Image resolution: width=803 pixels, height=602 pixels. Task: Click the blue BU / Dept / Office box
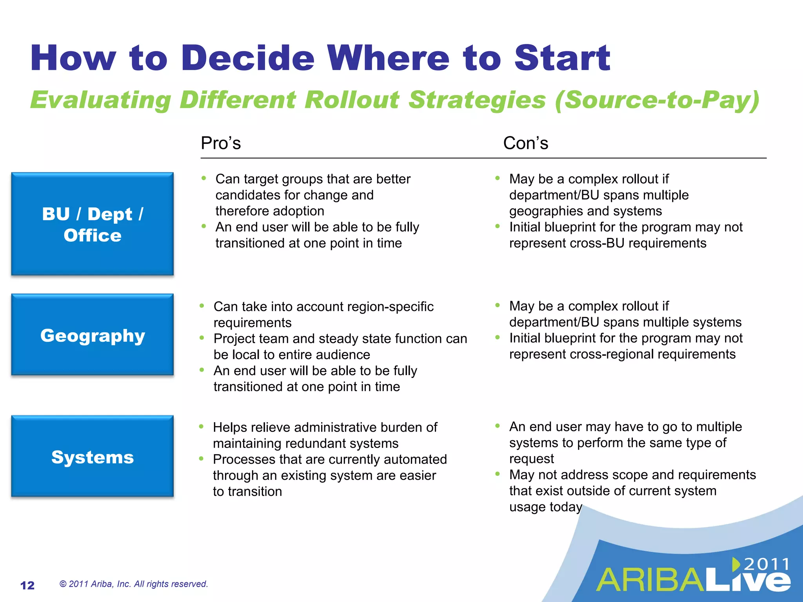(x=93, y=224)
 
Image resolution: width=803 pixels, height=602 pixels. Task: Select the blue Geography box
(x=93, y=335)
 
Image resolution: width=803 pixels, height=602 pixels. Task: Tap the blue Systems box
(x=93, y=456)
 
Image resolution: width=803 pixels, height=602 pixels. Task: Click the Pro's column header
(x=221, y=143)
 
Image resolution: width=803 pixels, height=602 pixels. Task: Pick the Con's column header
(x=525, y=143)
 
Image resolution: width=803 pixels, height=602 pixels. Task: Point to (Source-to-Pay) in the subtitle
(x=657, y=100)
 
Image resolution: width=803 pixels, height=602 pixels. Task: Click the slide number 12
(x=27, y=585)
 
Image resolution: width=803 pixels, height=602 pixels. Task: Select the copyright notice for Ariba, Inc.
(x=133, y=584)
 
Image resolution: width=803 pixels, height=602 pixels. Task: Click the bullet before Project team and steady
(x=202, y=337)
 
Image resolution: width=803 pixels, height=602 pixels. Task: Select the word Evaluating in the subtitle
(x=101, y=100)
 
